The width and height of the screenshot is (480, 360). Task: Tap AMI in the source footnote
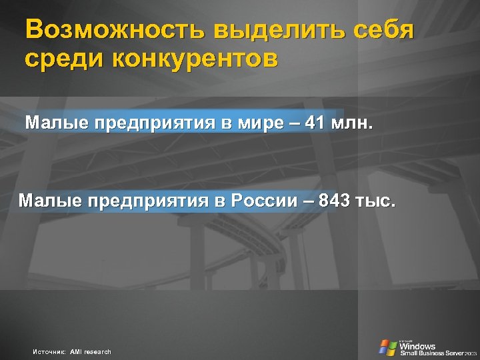[75, 351]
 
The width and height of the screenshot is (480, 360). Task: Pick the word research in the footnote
[97, 351]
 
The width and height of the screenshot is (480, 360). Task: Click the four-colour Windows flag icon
[387, 347]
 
